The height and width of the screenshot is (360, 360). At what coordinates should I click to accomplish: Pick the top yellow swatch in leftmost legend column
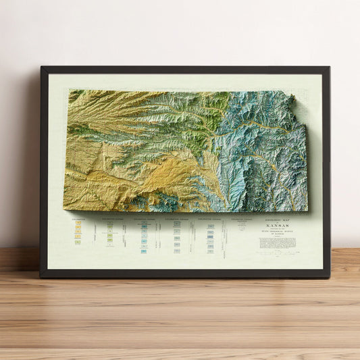click(78, 223)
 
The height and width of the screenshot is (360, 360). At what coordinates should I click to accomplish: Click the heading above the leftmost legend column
click(78, 219)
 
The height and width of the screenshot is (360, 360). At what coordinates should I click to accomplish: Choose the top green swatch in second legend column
click(109, 227)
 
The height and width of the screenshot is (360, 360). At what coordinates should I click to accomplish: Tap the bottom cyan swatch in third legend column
click(144, 251)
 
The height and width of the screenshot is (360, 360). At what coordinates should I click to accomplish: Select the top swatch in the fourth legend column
click(177, 224)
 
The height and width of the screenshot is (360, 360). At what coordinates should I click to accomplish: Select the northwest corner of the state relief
click(70, 91)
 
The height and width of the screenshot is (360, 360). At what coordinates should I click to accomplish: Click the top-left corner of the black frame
click(42, 68)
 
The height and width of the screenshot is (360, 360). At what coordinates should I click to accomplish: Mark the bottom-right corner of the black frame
click(328, 276)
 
